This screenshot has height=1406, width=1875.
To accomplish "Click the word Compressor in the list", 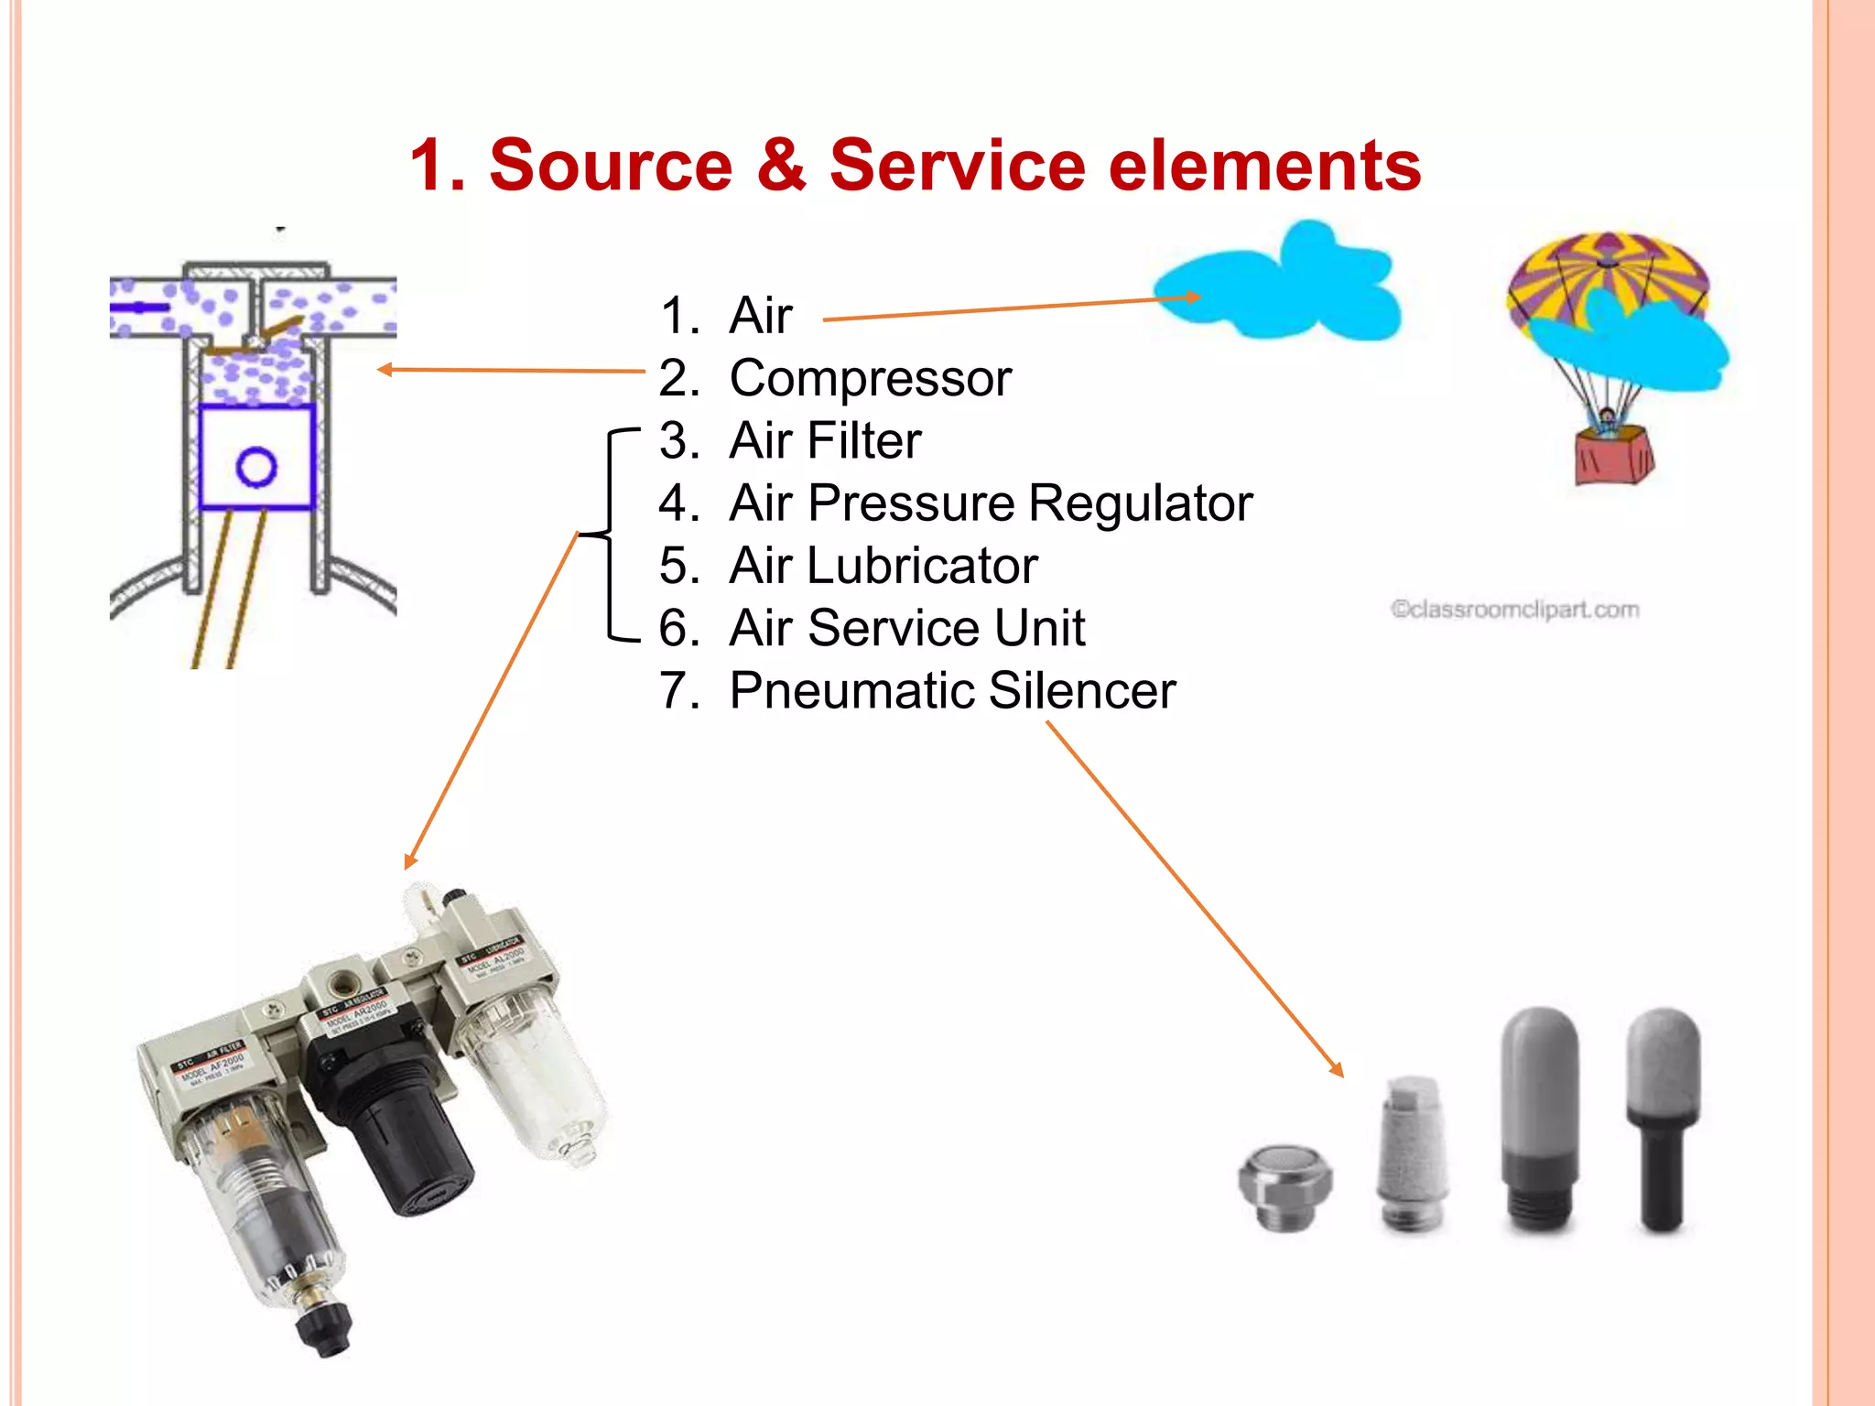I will click(x=870, y=378).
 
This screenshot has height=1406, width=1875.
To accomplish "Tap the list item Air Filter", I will click(x=824, y=440).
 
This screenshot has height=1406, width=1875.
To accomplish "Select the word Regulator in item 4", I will click(x=1140, y=503).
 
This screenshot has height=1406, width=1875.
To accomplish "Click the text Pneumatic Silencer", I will click(x=952, y=690).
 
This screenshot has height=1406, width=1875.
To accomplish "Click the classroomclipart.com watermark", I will click(x=1514, y=610).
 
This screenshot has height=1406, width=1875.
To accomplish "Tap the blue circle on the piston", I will click(x=256, y=467).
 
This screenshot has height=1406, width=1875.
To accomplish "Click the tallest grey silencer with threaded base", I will click(x=1541, y=1117).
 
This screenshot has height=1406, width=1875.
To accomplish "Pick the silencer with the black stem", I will click(x=1663, y=1126).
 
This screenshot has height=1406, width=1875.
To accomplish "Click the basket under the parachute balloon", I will click(x=1613, y=458).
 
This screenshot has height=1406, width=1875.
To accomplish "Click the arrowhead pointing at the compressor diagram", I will click(x=385, y=370).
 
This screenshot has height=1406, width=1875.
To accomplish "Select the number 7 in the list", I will click(x=678, y=690).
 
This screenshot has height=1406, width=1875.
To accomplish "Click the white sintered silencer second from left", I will click(x=1413, y=1153).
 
